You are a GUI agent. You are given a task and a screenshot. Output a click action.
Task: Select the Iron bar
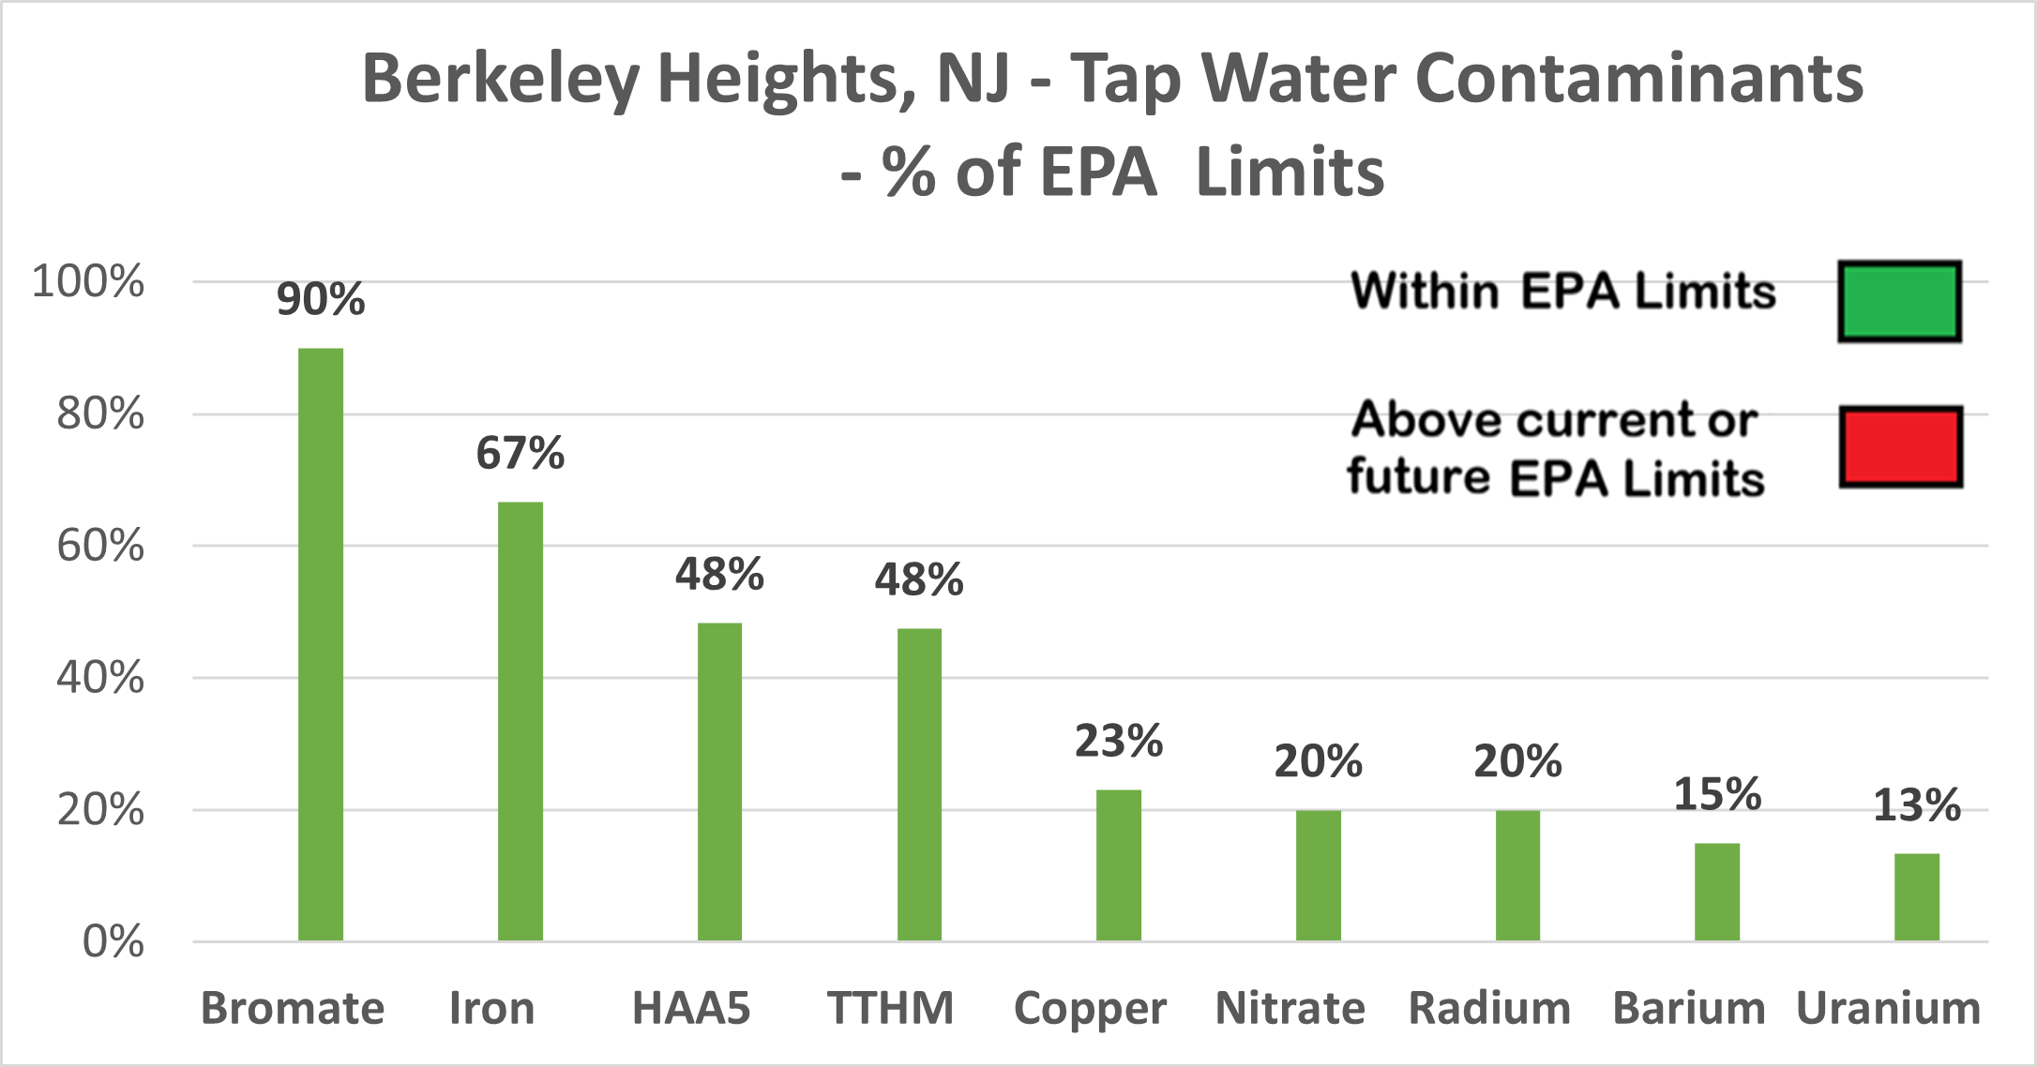tap(520, 721)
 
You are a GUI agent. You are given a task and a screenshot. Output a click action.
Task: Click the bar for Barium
tap(1716, 892)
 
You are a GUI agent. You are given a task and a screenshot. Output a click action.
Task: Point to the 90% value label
tap(321, 300)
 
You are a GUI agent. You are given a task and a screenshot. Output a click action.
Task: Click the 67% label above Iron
tap(520, 454)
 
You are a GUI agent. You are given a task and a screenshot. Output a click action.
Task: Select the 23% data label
tap(1118, 742)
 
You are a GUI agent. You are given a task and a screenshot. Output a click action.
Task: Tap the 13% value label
tap(1916, 805)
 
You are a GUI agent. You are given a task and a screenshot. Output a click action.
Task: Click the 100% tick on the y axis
tap(88, 281)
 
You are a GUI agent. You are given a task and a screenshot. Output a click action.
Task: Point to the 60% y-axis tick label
tap(100, 546)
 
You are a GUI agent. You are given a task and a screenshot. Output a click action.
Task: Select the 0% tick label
tap(113, 941)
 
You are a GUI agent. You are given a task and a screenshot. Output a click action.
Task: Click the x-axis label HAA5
tap(691, 1009)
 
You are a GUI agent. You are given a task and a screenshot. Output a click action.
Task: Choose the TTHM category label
tap(890, 1009)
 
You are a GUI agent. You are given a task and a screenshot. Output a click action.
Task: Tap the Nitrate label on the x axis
tap(1290, 1009)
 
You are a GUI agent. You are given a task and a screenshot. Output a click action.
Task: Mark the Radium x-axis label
tap(1489, 1009)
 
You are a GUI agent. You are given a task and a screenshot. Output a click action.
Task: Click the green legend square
tap(1899, 301)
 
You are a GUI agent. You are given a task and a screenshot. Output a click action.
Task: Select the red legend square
tap(1900, 446)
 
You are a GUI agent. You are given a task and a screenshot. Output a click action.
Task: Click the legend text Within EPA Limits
tap(1562, 291)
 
